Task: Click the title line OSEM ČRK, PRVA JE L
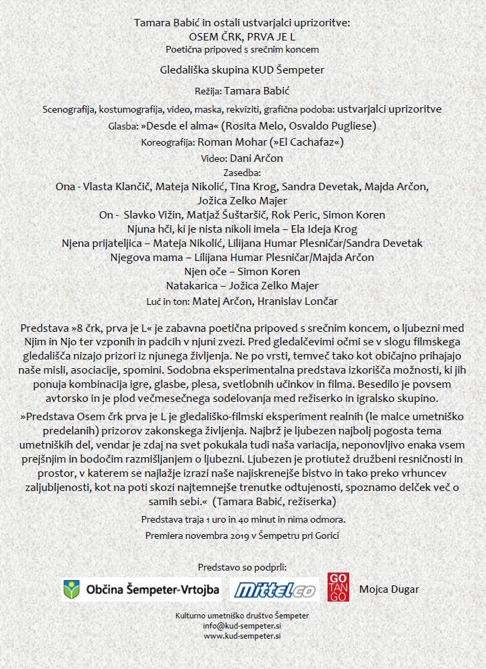(x=242, y=36)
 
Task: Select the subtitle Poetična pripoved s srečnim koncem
(x=242, y=49)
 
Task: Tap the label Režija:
(x=203, y=90)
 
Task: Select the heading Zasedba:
(x=242, y=173)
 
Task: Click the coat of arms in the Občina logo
(x=71, y=589)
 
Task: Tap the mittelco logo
(x=274, y=590)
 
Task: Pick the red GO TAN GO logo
(x=338, y=587)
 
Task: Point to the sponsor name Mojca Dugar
(x=389, y=589)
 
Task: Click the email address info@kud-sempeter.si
(x=242, y=625)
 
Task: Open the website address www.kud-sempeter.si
(x=242, y=635)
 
